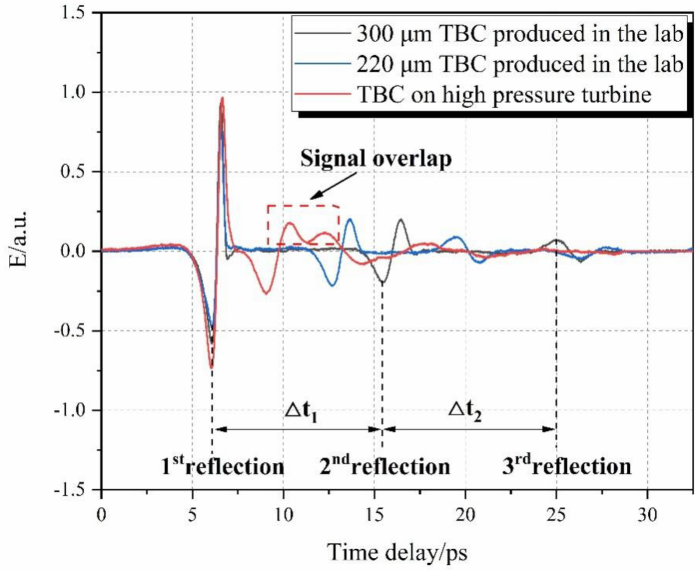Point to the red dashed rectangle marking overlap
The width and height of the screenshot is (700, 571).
[303, 206]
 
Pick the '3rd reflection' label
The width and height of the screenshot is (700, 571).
[567, 466]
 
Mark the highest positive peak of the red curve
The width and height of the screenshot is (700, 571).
[223, 98]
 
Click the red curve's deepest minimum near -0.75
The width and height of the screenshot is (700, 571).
[211, 368]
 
